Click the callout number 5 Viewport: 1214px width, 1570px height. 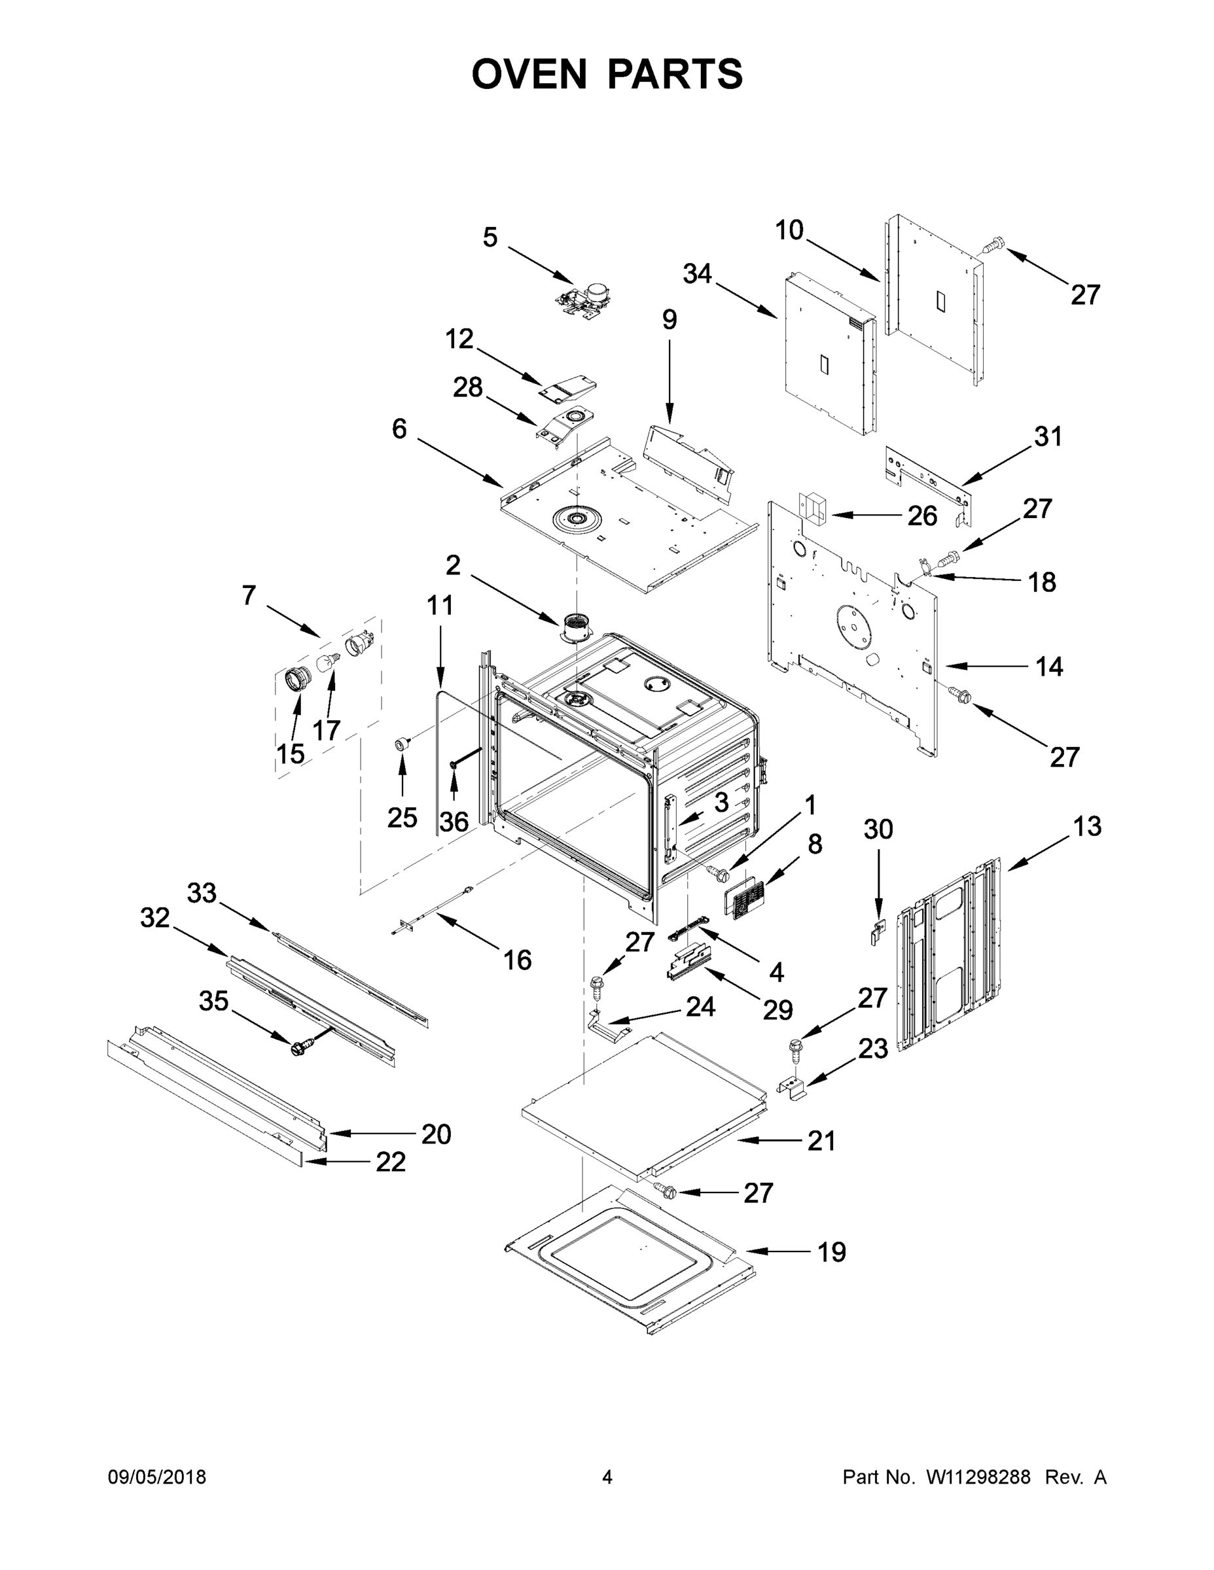tap(490, 237)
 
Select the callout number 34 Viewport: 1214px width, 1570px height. tap(697, 274)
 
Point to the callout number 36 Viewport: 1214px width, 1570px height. tap(454, 821)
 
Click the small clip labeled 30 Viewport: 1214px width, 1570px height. tap(876, 933)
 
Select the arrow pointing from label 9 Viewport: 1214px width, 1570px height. tap(669, 381)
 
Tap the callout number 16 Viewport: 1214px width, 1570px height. tap(517, 960)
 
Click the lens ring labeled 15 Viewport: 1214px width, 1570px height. tap(298, 678)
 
